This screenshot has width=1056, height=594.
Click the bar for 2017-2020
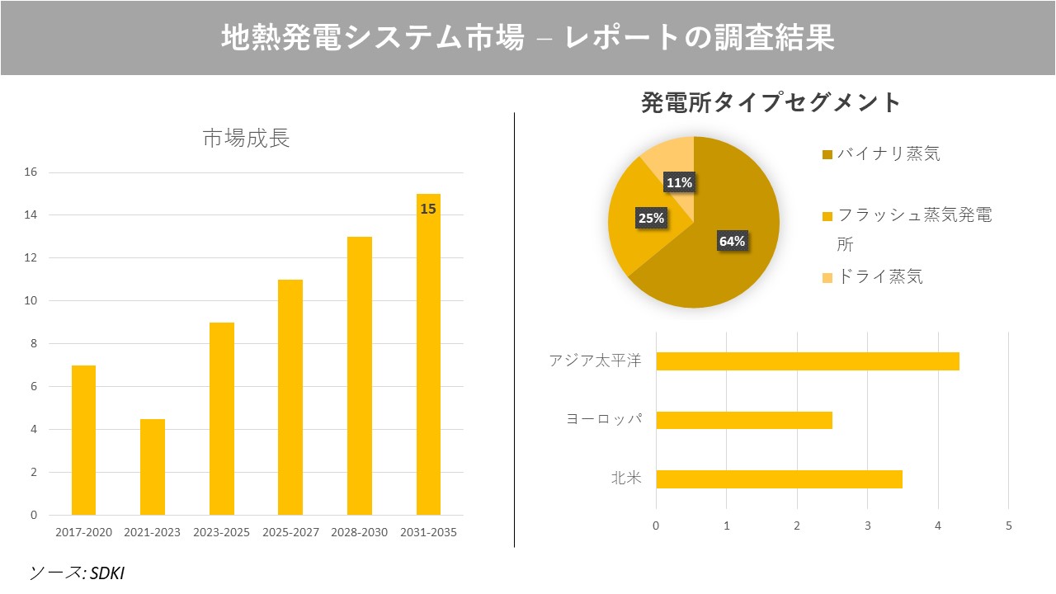[83, 440]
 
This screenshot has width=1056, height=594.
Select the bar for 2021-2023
[153, 467]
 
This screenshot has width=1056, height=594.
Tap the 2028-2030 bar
[360, 375]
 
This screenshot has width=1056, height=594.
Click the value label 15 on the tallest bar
[427, 210]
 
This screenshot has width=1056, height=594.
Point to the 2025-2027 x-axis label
[290, 533]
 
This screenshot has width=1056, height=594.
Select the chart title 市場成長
[246, 139]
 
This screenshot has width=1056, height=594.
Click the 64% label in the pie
[732, 241]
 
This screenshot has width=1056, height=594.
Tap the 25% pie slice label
[651, 219]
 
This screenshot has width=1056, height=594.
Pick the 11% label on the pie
[679, 183]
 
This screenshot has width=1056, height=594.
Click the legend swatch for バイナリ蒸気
[827, 155]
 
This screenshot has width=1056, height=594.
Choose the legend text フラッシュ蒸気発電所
[913, 216]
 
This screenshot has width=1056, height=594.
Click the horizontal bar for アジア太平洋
[807, 361]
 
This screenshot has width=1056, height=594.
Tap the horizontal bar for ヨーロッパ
[743, 420]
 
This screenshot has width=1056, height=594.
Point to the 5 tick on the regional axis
[1008, 526]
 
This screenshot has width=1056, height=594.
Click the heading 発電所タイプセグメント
[771, 103]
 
